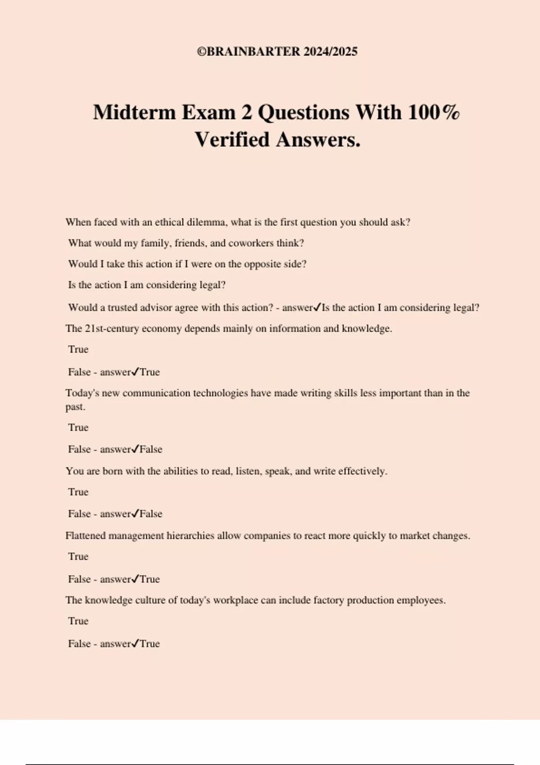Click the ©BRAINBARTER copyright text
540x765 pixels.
coord(249,52)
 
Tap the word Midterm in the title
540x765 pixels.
coord(134,112)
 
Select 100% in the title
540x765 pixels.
coord(434,112)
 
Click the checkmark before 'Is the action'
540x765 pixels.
coord(317,307)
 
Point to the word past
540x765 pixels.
coord(75,407)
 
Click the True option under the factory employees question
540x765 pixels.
coord(78,621)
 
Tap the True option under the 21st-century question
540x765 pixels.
coord(78,350)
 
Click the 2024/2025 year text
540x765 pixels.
coord(330,52)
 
